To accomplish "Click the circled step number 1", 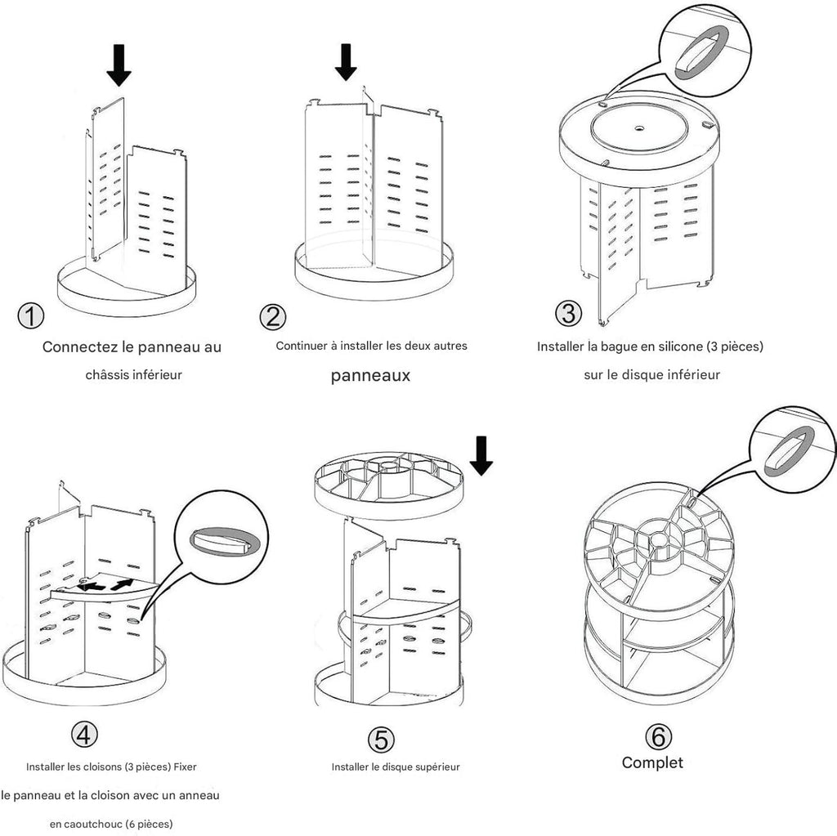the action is point(30,315).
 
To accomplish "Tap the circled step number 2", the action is point(271,316).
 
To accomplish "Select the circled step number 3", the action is point(569,313).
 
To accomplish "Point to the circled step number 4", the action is point(82,735).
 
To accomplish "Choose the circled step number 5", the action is point(381,738).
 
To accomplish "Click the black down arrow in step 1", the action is point(119,65).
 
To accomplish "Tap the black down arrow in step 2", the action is point(347,62).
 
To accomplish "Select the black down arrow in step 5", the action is point(481,455).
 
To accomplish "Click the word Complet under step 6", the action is point(652,762).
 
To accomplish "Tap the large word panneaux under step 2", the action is point(370,376).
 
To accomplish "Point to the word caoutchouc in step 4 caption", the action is point(93,823).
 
